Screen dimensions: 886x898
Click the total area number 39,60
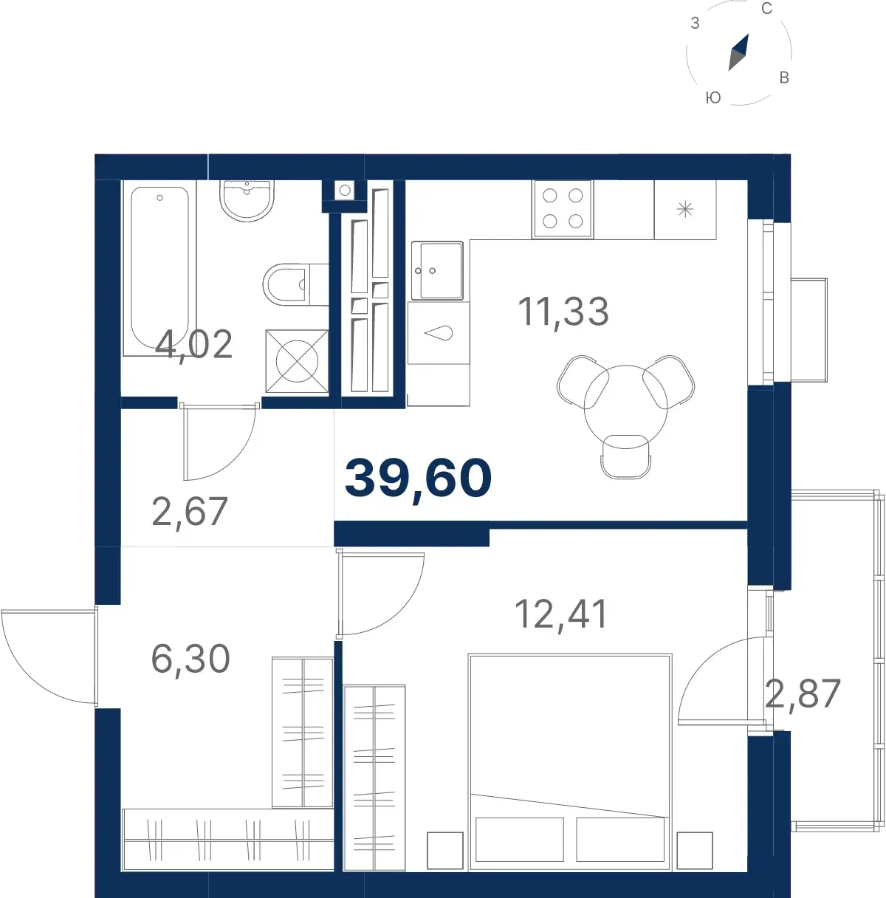pos(418,479)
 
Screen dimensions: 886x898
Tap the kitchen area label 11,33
pos(563,312)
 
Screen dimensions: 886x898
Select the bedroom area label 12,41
pos(561,614)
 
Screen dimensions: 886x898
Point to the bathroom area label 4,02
pos(193,344)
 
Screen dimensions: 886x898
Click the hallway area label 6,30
pos(190,659)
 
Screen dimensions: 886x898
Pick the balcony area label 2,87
pos(803,693)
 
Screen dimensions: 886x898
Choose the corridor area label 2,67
pos(190,511)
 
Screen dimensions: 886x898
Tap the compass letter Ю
pos(713,97)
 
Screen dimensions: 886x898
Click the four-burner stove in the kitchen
pos(563,208)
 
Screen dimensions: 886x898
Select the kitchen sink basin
pos(437,270)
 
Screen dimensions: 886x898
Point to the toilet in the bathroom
pos(295,284)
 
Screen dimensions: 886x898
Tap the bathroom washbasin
pos(247,200)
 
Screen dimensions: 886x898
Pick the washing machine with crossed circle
pos(297,361)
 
